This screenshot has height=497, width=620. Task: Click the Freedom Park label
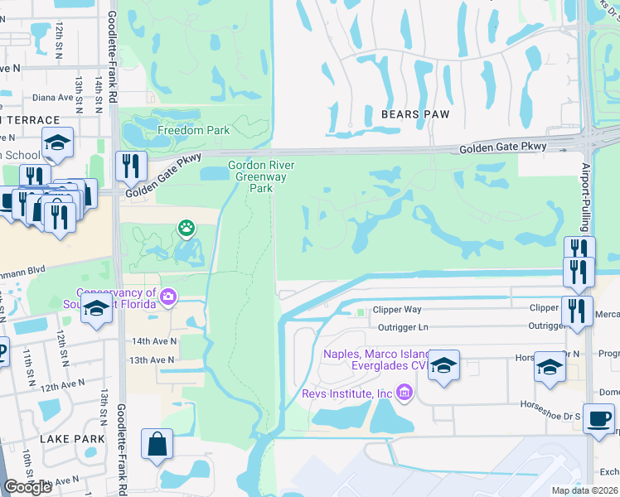193,131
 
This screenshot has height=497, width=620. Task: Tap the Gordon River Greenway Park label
262,176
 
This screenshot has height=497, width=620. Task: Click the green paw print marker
186,227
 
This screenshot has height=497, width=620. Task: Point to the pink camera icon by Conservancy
169,297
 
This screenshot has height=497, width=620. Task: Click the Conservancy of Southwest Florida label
116,298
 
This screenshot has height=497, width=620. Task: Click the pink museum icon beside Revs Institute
404,391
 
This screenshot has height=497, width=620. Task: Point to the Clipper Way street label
397,310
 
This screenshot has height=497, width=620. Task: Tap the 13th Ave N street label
153,360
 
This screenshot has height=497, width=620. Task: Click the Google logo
28,487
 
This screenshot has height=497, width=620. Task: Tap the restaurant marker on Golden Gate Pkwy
131,166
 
